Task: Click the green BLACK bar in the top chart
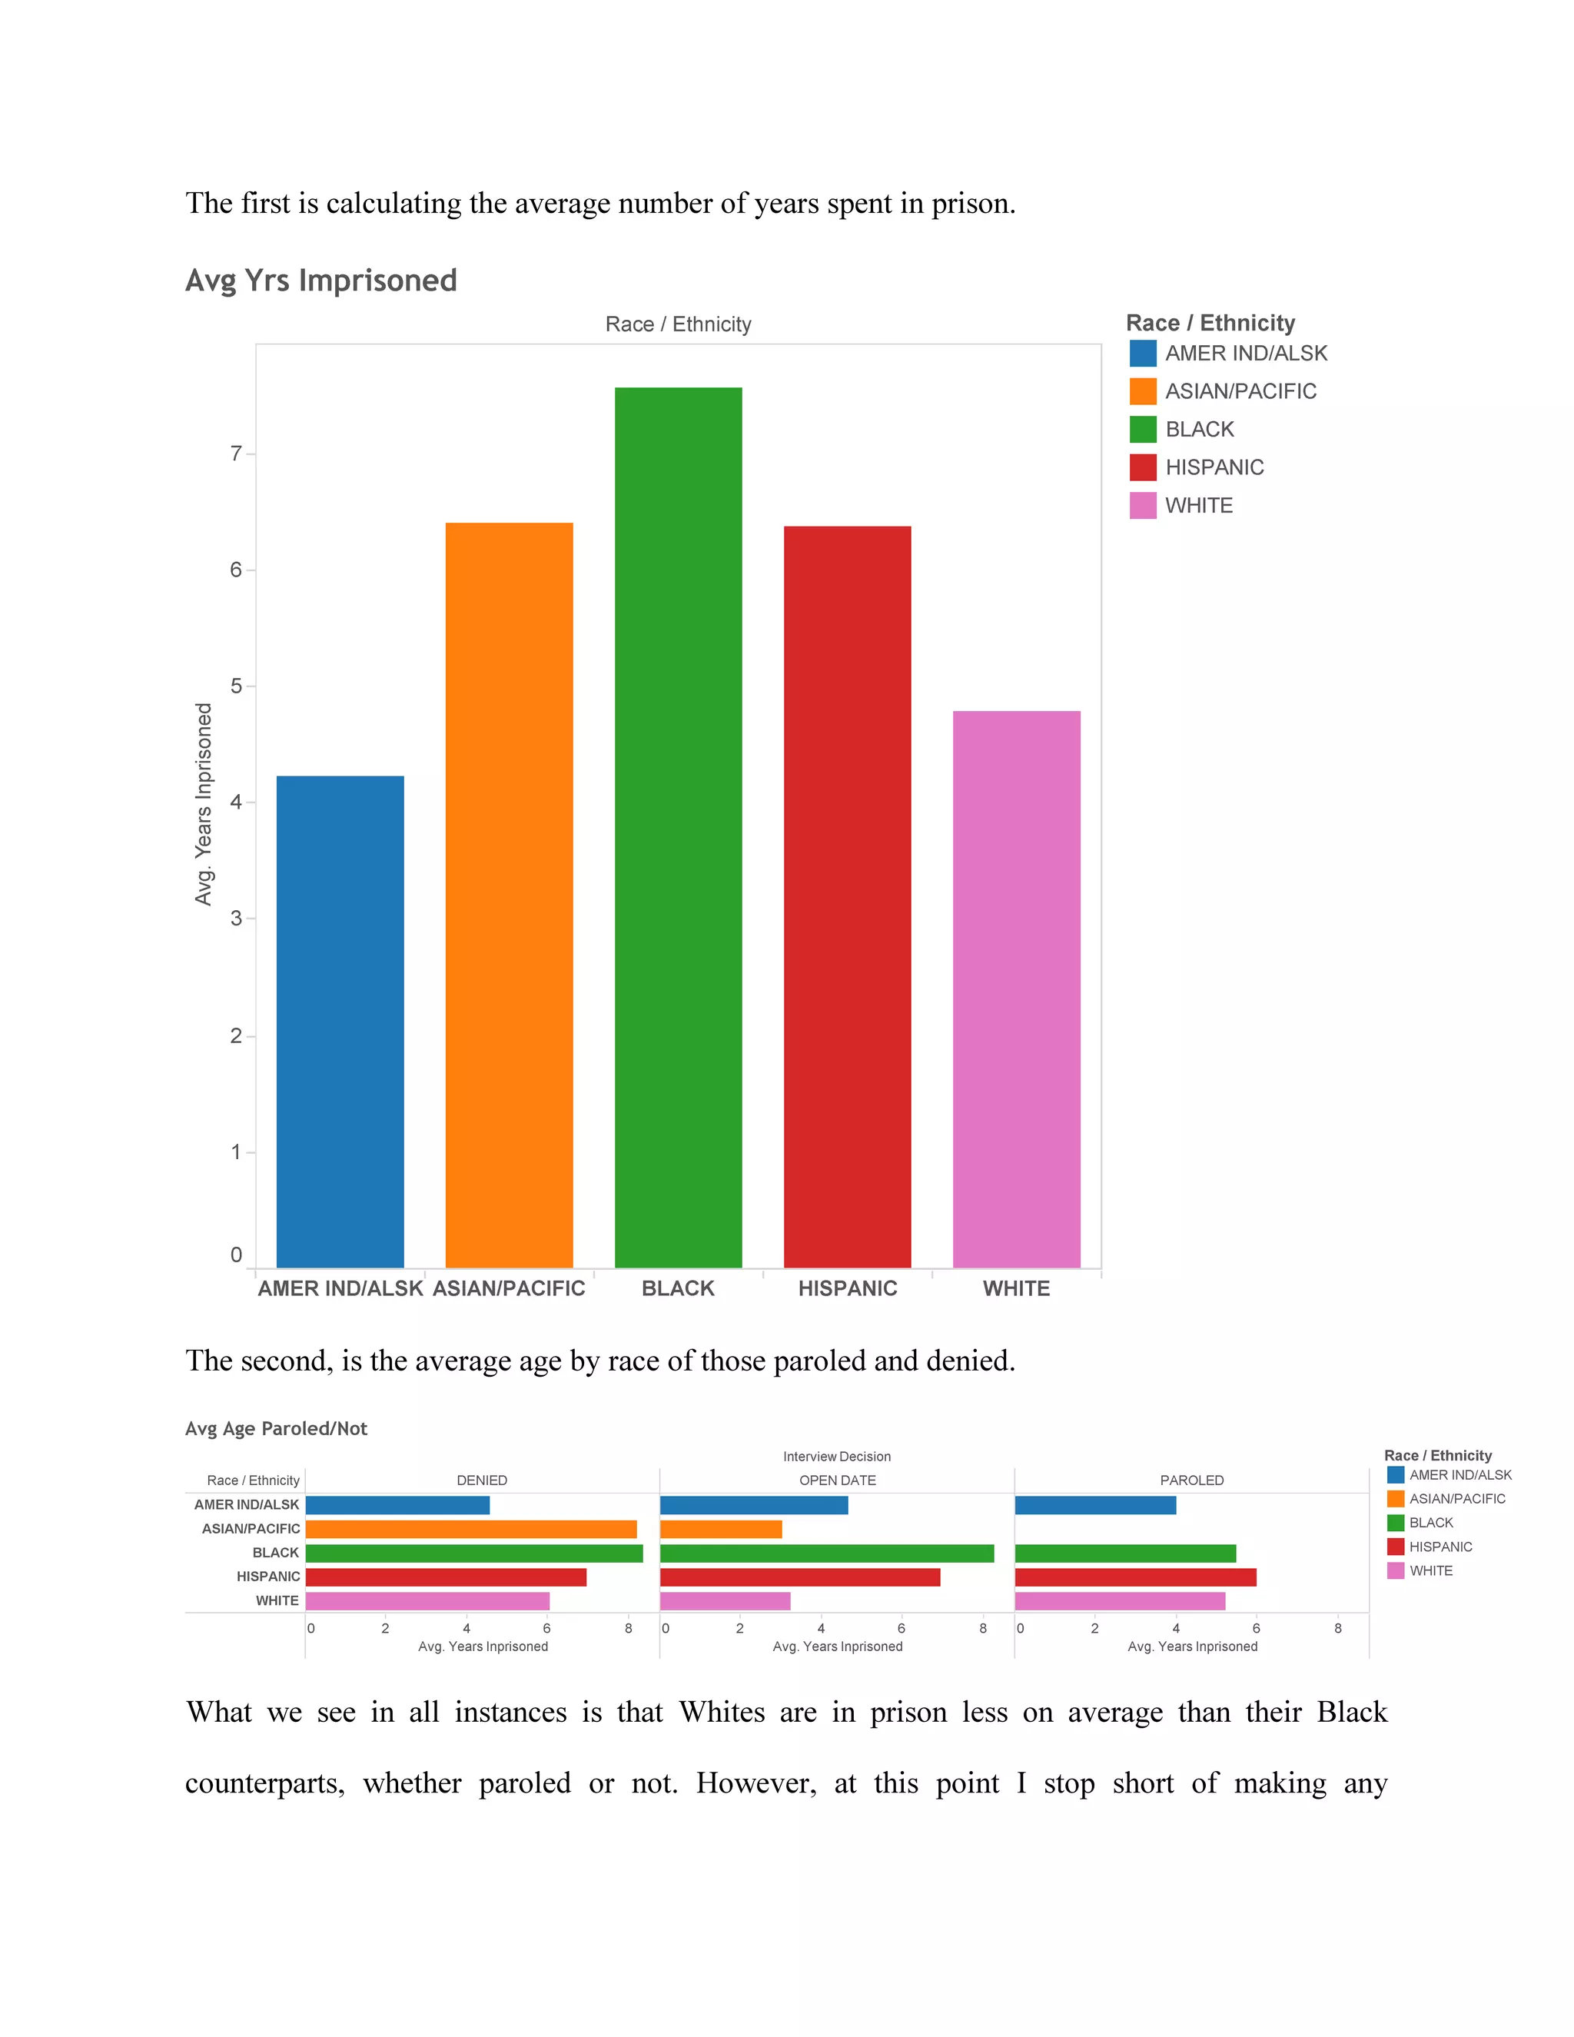[x=678, y=827]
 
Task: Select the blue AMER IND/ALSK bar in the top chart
[x=340, y=1022]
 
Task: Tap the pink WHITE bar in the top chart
[x=1016, y=989]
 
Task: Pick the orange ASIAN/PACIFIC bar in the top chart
[x=509, y=895]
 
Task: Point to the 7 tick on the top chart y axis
[x=236, y=454]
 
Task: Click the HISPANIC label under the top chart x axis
[x=847, y=1288]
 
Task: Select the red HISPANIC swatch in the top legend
[x=1142, y=467]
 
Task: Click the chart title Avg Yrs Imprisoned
[x=320, y=281]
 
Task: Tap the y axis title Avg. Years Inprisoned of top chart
[x=203, y=804]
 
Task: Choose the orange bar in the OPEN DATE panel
[x=721, y=1529]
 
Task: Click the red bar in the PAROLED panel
[x=1135, y=1577]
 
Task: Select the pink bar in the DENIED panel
[x=427, y=1600]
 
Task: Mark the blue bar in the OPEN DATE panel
[x=753, y=1505]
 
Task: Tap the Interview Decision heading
[x=836, y=1457]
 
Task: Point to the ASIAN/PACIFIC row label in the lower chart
[x=251, y=1529]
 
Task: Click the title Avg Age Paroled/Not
[x=276, y=1429]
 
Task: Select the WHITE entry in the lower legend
[x=1430, y=1570]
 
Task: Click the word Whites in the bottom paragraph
[x=722, y=1713]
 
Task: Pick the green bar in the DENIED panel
[x=473, y=1553]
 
